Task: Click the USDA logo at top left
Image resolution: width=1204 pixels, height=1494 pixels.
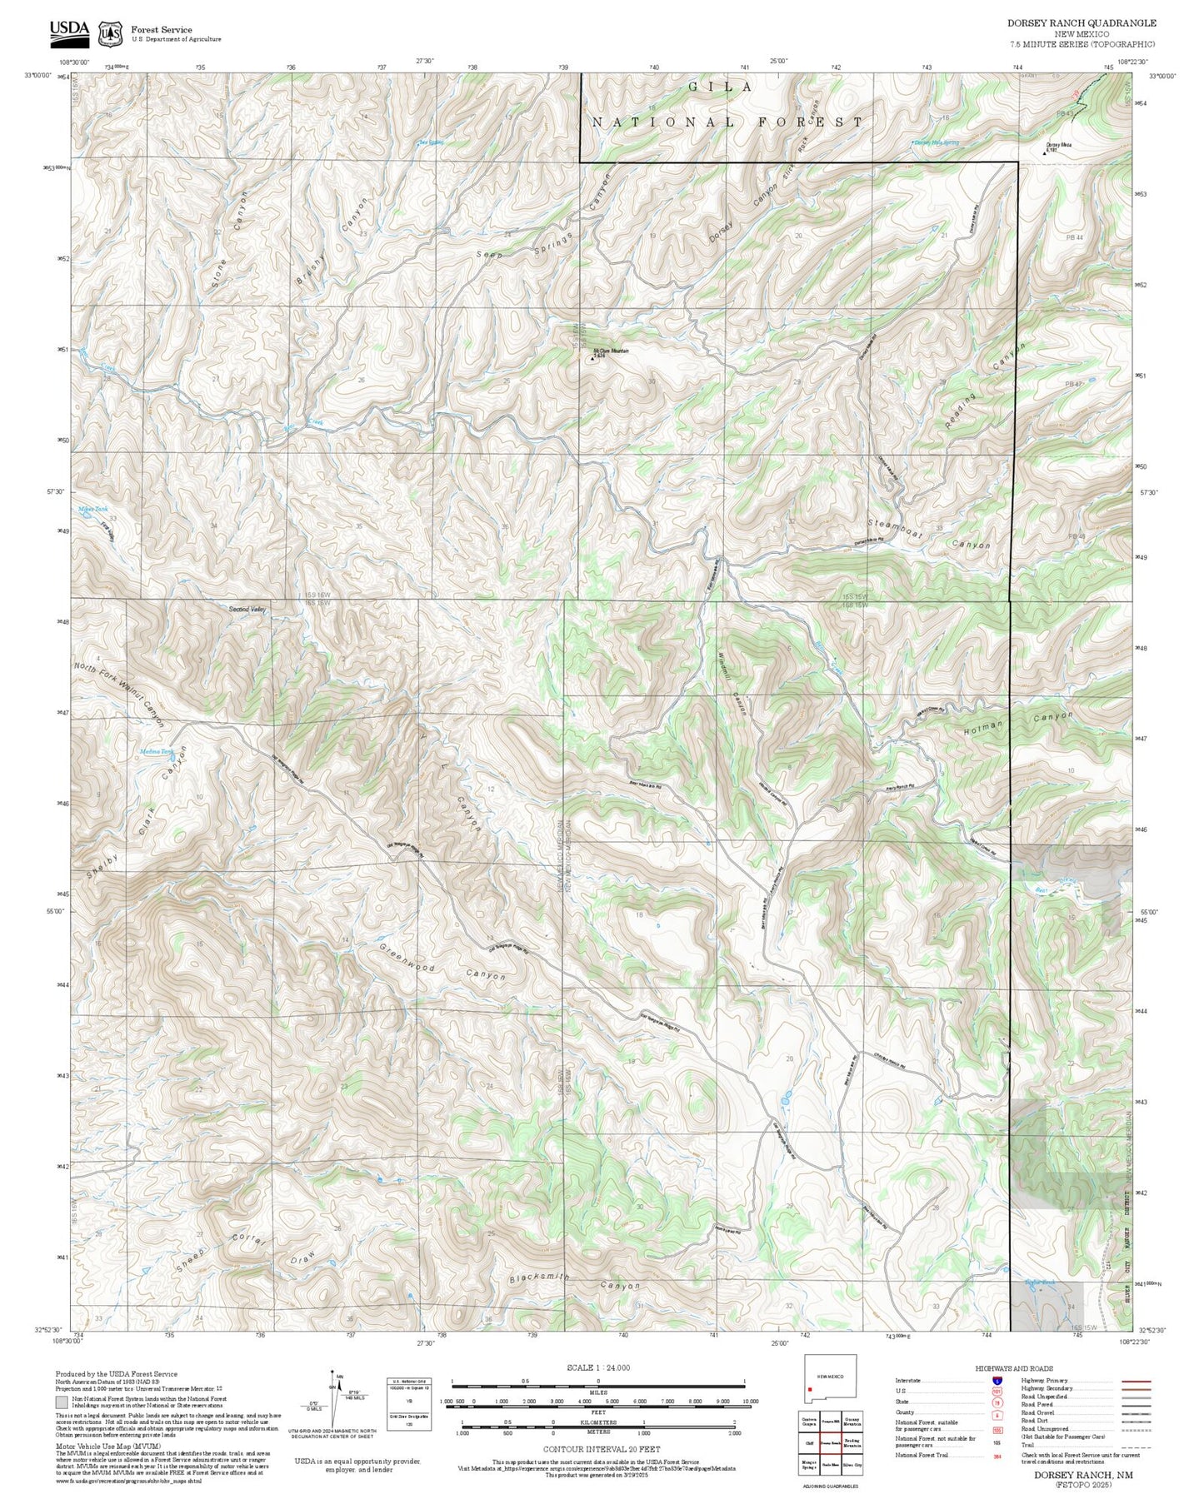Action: pos(68,31)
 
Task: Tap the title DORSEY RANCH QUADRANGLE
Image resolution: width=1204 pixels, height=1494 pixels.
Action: pos(1081,23)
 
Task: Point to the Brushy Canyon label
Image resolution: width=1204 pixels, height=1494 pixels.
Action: pos(332,242)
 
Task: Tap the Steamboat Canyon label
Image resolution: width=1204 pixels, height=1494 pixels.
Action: pos(930,534)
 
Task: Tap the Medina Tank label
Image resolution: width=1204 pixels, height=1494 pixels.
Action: pos(156,752)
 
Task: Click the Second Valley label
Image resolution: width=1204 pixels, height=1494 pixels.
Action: pos(247,610)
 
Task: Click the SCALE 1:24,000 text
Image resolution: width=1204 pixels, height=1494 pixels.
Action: pos(597,1367)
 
